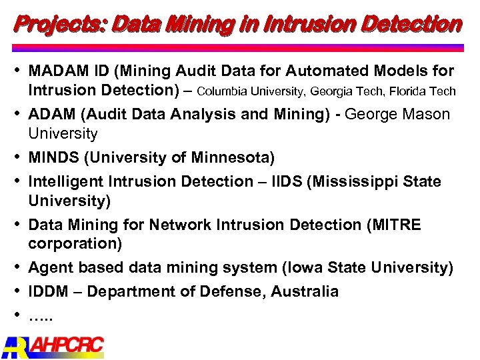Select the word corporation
tap(75, 244)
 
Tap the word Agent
tap(51, 268)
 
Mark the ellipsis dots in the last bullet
tap(40, 315)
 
